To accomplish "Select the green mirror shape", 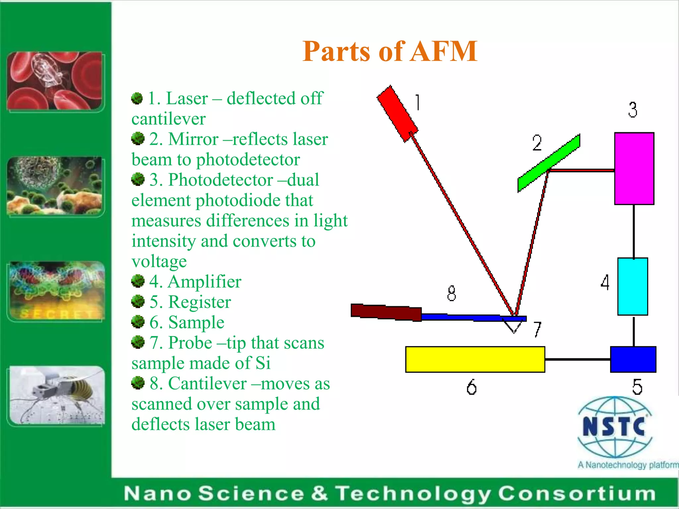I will coord(549,163).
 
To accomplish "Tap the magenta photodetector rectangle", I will coord(634,168).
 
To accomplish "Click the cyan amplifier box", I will coord(632,286).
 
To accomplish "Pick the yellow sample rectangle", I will coord(475,359).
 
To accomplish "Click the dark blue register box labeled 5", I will coord(633,359).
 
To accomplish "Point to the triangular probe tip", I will coord(514,326).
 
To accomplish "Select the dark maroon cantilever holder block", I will coord(386,312).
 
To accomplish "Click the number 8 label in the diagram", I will coord(451,293).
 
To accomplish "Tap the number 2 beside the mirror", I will coord(537,143).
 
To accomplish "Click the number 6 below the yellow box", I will coord(471,387).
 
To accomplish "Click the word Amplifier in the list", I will coord(204,282).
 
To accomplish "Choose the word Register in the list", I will coord(200,302).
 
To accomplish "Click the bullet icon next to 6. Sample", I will coord(138,321).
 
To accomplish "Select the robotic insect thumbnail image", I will coord(56,395).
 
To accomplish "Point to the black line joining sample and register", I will coord(577,359).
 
